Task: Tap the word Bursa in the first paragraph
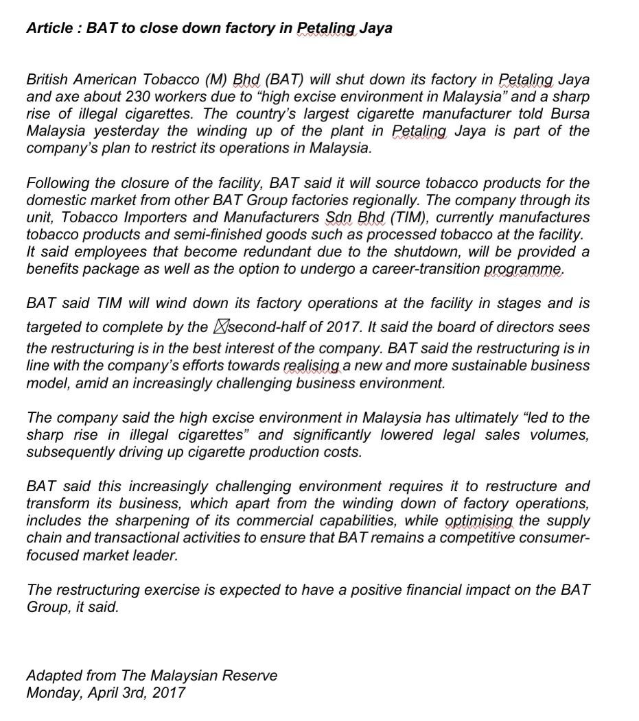coord(570,114)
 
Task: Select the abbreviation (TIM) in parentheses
coord(409,217)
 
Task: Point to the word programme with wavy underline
coord(524,269)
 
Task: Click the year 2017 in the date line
coord(169,693)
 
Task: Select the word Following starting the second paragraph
coord(58,183)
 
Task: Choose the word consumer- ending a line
coord(550,538)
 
